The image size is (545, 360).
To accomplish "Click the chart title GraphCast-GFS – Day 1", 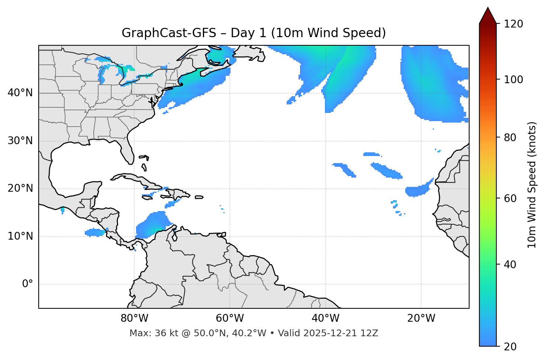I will tap(254, 33).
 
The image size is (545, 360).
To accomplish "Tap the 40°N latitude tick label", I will tap(20, 93).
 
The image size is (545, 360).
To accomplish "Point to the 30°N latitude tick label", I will tap(20, 141).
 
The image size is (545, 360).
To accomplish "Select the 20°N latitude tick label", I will tap(20, 188).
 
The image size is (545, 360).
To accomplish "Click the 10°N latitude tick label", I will tap(20, 236).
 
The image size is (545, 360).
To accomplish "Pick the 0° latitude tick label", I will tap(27, 284).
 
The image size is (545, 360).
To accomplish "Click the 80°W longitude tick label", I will tap(134, 318).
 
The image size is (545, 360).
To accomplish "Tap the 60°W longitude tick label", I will tap(230, 318).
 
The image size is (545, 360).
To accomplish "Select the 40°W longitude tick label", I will tap(326, 318).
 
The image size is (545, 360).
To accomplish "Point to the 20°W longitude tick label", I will tap(421, 318).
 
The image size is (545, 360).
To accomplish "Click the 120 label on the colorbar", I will tap(513, 24).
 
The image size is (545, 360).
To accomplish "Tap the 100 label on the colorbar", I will tap(513, 80).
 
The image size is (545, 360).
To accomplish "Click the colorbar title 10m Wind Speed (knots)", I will tap(532, 185).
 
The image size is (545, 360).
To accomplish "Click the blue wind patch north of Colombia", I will tap(152, 225).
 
